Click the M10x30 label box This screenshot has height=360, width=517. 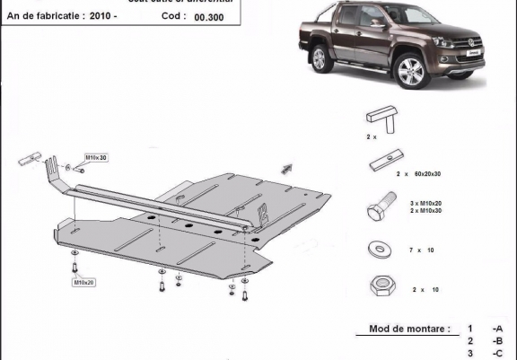point(95,158)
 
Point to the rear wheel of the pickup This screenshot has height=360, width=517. point(322,60)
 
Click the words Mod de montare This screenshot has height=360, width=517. point(409,329)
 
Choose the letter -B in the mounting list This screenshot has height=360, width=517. point(496,341)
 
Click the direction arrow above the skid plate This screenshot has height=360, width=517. point(287,166)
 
